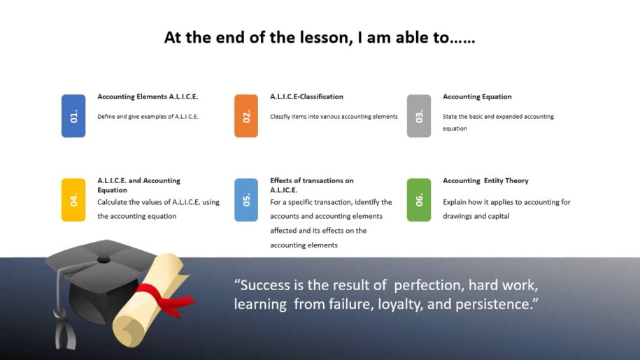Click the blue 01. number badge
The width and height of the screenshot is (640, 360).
coord(73,116)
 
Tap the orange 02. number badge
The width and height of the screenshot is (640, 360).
coord(246,116)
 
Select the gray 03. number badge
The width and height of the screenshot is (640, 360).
coord(419,116)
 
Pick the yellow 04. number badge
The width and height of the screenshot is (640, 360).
coord(73,200)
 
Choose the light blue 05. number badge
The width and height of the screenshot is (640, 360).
coord(246,200)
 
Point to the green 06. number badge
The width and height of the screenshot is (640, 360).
coord(419,200)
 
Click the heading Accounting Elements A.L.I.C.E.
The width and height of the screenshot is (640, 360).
coord(148,96)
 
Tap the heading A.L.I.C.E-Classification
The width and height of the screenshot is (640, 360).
coord(306,96)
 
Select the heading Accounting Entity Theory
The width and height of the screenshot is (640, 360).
coord(485,180)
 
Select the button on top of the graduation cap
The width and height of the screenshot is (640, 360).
coord(104,260)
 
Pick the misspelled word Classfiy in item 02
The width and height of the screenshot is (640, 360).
coord(280,117)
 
